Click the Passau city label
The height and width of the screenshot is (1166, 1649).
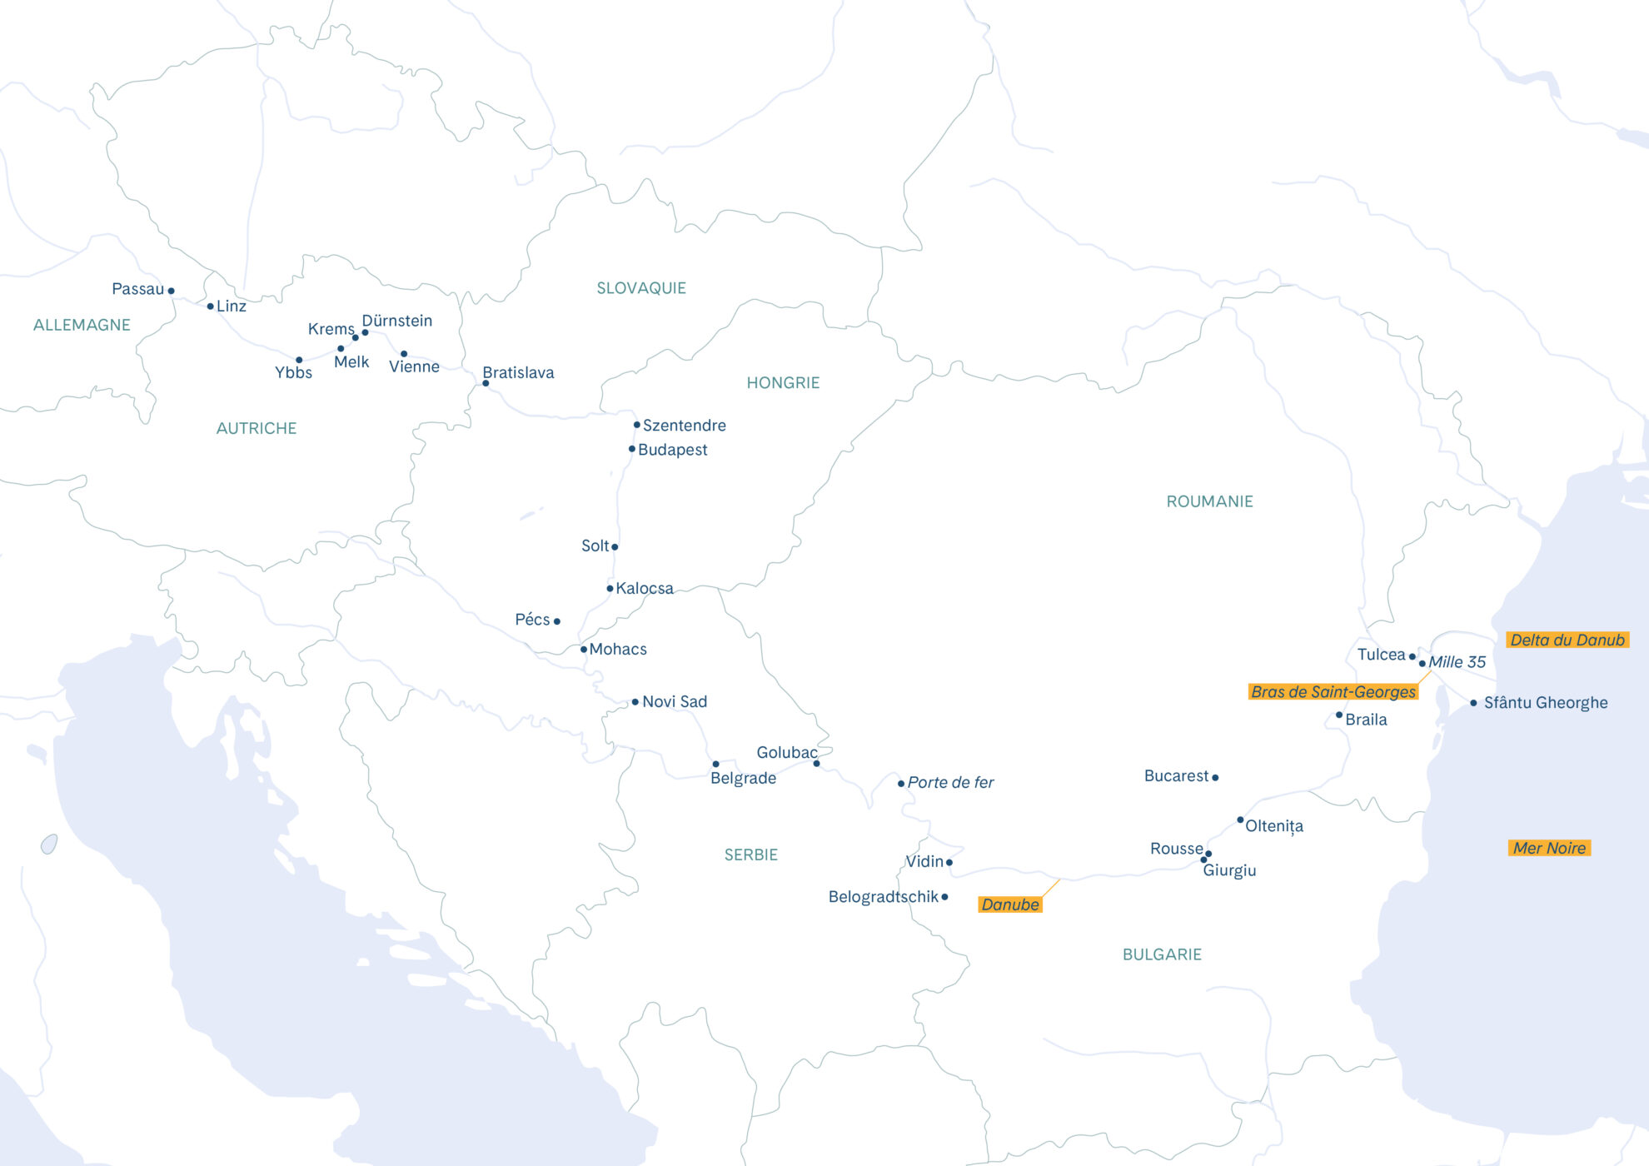138,289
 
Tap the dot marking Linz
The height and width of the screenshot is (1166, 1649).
210,306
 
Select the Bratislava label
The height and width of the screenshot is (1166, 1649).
518,372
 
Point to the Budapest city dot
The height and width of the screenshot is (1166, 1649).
632,449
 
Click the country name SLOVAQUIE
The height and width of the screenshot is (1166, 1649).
641,288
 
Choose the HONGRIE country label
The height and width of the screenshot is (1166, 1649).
783,383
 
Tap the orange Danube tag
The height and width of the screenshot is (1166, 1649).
1010,904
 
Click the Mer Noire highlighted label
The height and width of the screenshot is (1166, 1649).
1549,848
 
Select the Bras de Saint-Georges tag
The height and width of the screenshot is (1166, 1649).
1333,691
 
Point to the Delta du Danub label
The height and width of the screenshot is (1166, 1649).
1567,640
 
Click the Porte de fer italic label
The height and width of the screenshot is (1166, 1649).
950,782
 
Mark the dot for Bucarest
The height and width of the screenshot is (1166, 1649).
1215,778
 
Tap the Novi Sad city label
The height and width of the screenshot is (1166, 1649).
675,701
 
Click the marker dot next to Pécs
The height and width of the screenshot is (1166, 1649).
557,621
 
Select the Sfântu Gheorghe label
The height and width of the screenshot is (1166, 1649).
1546,702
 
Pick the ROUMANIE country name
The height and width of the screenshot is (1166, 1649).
1209,501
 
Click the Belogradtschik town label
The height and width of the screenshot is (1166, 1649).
883,896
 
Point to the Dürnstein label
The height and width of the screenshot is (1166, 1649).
397,321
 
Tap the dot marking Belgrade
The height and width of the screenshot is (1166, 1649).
715,764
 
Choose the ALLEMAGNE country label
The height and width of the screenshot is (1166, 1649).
82,325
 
